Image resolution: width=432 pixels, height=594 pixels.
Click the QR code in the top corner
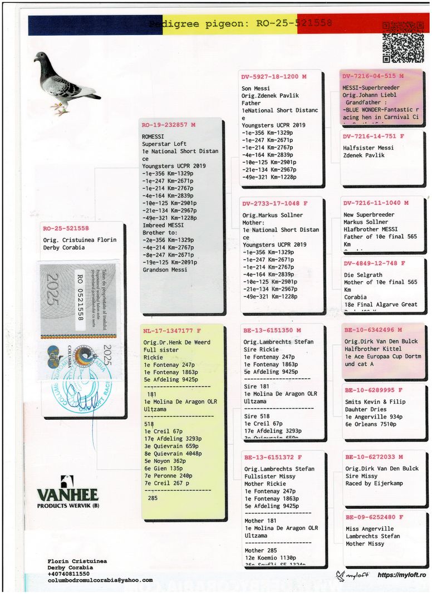click(x=402, y=42)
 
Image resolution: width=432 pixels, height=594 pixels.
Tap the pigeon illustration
click(x=65, y=82)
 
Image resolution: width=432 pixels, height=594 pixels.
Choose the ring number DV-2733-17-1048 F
click(x=274, y=204)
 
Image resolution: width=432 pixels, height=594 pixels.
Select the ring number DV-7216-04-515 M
click(x=372, y=76)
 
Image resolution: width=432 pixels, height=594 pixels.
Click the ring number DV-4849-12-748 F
click(x=374, y=263)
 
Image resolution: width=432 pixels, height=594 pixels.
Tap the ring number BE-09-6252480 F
click(x=374, y=517)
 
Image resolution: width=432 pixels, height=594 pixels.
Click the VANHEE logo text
click(x=67, y=494)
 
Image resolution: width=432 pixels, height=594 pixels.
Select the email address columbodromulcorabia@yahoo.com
click(x=100, y=580)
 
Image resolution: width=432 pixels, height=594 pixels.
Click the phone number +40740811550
click(x=68, y=573)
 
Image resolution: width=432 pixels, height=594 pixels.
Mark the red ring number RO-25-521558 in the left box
click(x=66, y=228)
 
